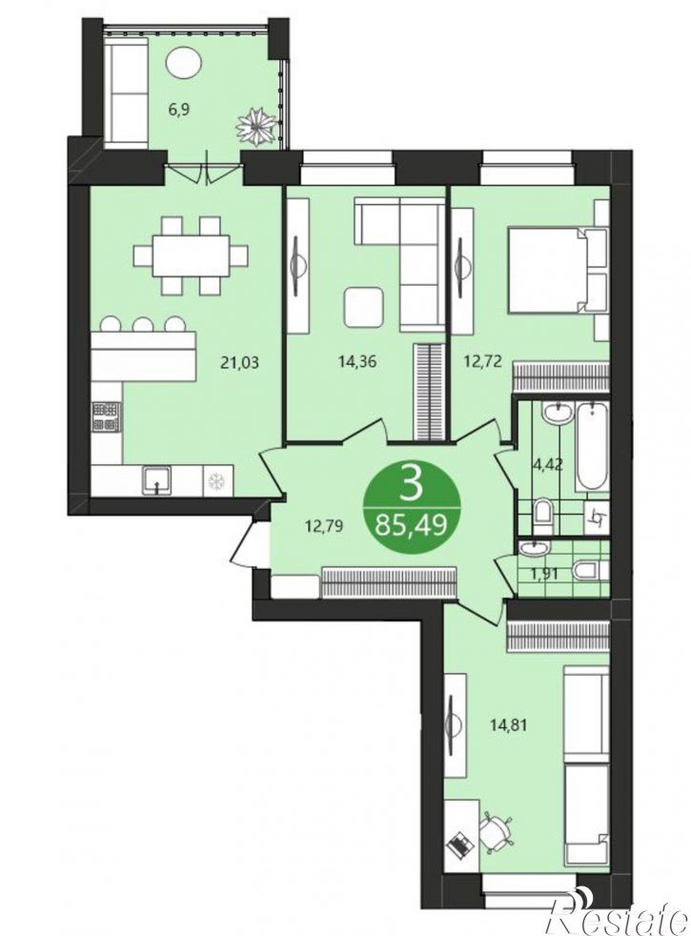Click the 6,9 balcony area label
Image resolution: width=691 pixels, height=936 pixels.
[179, 111]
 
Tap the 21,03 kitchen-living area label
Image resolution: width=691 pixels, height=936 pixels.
[239, 362]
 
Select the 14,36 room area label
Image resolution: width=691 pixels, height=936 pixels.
[358, 362]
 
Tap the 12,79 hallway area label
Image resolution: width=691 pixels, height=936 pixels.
[326, 526]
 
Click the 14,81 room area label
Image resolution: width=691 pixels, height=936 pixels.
[509, 726]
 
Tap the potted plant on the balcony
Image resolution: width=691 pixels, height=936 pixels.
[257, 126]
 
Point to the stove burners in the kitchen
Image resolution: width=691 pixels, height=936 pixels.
[106, 417]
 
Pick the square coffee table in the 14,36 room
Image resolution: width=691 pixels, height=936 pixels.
[363, 306]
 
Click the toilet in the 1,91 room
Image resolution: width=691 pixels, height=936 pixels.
[588, 571]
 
